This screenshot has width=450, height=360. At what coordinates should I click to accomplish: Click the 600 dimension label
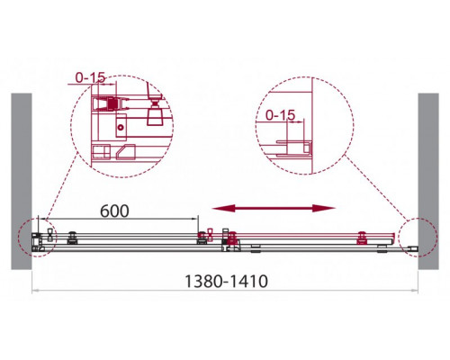point(114,211)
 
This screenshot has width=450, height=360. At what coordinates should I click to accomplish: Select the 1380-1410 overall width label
point(226,282)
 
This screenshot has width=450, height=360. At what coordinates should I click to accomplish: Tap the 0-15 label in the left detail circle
point(90,78)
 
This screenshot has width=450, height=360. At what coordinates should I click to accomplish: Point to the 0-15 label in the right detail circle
point(281,115)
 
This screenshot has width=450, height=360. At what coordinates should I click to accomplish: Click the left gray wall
point(22,181)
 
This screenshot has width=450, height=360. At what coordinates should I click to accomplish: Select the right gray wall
point(428,181)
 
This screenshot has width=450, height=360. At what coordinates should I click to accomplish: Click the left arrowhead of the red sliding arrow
point(223,208)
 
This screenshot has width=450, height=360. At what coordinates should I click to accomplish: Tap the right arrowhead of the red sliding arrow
point(323,208)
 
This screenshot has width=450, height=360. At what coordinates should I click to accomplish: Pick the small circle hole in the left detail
point(121,127)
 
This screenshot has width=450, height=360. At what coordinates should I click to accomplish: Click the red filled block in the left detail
point(112,104)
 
